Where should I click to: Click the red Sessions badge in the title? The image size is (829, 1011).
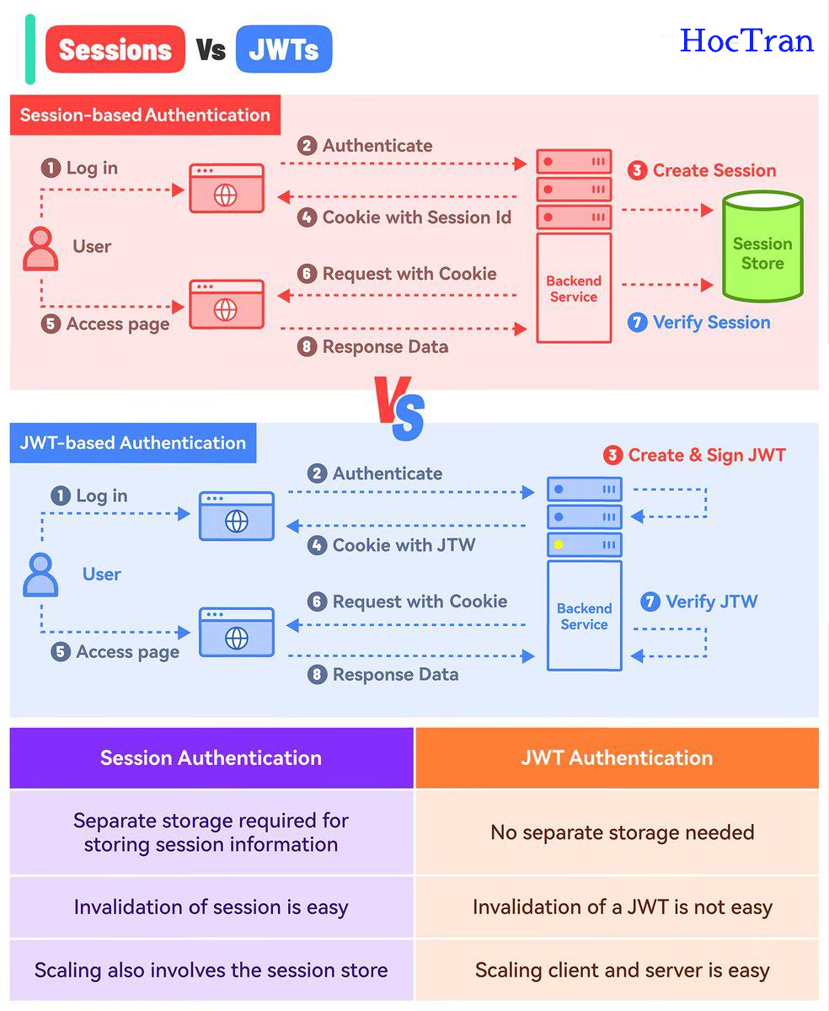tap(115, 50)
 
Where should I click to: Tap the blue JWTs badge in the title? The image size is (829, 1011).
tap(284, 50)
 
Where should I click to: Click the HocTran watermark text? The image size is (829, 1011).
tap(746, 40)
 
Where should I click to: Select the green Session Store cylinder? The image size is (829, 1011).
tap(762, 246)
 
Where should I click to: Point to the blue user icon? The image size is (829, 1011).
tap(40, 575)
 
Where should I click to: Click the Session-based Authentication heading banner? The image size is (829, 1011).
tap(145, 115)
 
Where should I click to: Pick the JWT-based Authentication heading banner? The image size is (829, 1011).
tap(133, 443)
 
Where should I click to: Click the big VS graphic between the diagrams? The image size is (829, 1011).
tap(401, 408)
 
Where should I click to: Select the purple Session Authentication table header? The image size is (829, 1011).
tap(211, 757)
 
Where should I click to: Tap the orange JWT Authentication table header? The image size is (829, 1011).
tap(617, 757)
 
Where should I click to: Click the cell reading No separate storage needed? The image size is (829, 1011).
tap(622, 832)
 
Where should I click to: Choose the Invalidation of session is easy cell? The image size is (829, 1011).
tap(211, 907)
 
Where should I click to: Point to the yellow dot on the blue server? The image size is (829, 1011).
tap(559, 544)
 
